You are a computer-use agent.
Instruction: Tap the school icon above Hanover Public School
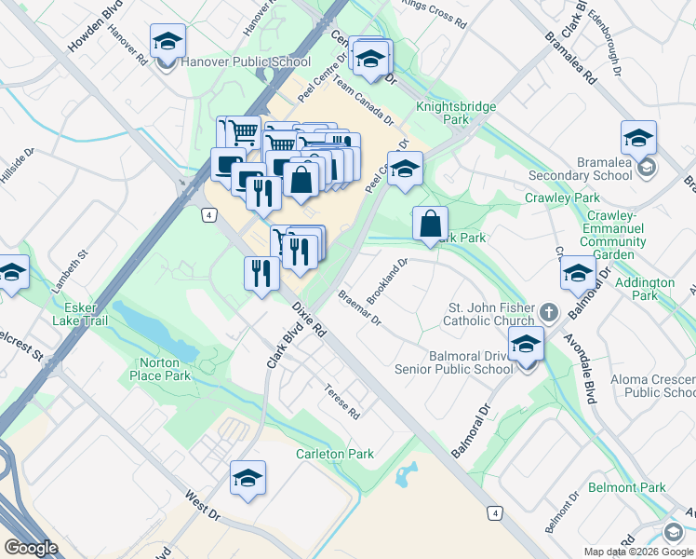[x=167, y=42]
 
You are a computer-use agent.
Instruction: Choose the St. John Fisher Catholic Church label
[x=491, y=315]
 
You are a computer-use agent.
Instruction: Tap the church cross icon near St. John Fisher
[x=549, y=311]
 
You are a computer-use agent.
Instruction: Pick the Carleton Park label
[x=335, y=454]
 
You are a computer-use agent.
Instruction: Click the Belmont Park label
[x=627, y=487]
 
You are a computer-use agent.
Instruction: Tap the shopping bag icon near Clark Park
[x=430, y=225]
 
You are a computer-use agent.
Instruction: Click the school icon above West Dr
[x=248, y=479]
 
